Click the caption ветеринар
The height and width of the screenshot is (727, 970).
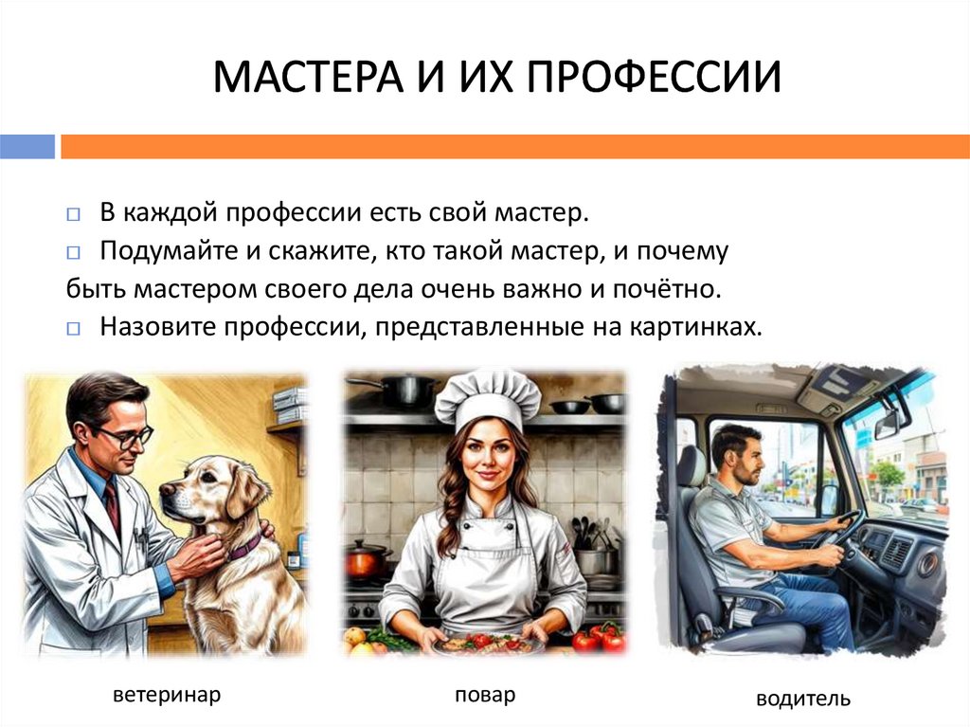(167, 695)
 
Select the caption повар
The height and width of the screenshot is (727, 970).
(485, 695)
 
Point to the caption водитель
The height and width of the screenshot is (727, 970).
(803, 700)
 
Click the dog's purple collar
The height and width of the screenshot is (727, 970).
(244, 545)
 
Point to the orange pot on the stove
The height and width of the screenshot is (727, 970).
(368, 561)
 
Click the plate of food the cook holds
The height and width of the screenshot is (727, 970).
(485, 643)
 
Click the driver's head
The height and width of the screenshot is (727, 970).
(736, 452)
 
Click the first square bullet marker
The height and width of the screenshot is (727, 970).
(74, 214)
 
